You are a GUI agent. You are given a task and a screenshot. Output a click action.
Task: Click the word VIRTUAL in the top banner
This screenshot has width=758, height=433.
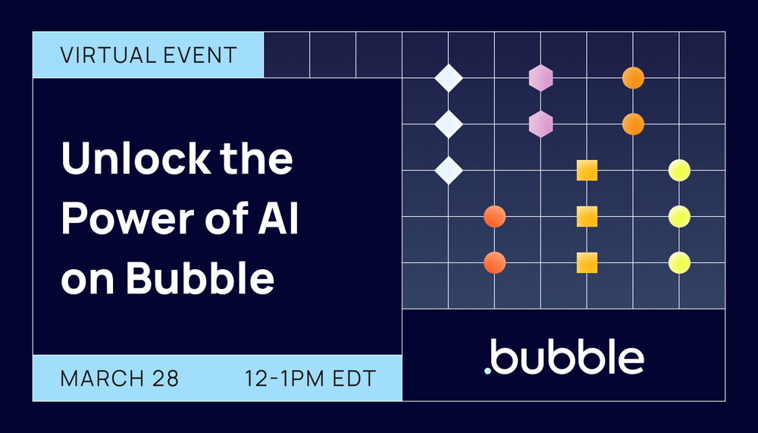[102, 55]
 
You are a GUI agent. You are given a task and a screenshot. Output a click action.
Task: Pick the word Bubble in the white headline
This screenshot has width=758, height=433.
[199, 278]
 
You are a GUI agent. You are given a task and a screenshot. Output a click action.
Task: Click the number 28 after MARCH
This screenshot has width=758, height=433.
[166, 378]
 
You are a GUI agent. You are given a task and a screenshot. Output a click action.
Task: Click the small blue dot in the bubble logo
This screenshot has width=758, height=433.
[488, 372]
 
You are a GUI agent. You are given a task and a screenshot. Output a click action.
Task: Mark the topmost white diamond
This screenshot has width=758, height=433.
[448, 78]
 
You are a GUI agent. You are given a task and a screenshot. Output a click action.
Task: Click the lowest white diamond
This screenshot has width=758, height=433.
[448, 170]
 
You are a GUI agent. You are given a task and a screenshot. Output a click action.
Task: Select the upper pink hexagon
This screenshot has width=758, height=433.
[540, 77]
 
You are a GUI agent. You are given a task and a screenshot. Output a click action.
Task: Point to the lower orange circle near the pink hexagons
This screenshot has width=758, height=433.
[633, 124]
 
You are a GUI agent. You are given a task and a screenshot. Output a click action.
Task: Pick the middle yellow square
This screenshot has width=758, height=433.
[587, 217]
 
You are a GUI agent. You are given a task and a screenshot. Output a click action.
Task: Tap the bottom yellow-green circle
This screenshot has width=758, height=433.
[679, 262]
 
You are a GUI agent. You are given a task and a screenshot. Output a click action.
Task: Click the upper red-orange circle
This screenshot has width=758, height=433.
[494, 217]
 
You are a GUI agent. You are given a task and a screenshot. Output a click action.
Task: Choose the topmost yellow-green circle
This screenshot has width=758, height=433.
[679, 170]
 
